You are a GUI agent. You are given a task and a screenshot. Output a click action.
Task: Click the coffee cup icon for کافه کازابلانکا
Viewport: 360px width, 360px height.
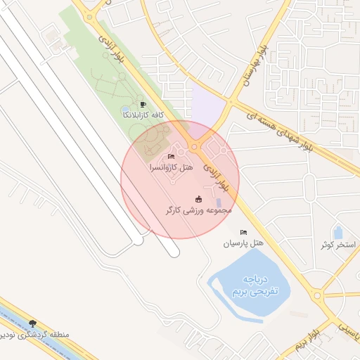pos(143,105)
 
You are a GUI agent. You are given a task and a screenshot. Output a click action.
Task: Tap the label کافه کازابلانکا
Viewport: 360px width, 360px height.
pos(143,114)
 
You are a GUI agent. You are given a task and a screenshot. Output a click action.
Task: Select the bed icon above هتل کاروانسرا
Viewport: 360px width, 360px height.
pos(172,156)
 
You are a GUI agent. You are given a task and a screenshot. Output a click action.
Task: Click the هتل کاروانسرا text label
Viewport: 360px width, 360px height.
pos(171,168)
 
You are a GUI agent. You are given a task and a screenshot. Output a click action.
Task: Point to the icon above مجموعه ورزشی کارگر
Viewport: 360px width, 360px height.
pos(198,199)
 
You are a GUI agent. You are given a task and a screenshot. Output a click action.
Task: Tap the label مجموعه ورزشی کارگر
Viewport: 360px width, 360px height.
pos(198,210)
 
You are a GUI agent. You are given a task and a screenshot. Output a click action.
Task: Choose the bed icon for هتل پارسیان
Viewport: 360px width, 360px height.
pos(244,232)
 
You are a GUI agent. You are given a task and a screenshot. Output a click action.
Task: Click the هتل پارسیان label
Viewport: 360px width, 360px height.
pos(243,243)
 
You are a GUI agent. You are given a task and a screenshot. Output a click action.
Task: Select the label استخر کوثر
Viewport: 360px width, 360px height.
pos(337,245)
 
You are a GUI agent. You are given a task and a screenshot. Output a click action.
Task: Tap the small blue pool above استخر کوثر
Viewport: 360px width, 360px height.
pos(338,232)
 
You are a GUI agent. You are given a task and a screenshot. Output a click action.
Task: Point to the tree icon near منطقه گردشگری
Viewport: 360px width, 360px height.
pos(32,323)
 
